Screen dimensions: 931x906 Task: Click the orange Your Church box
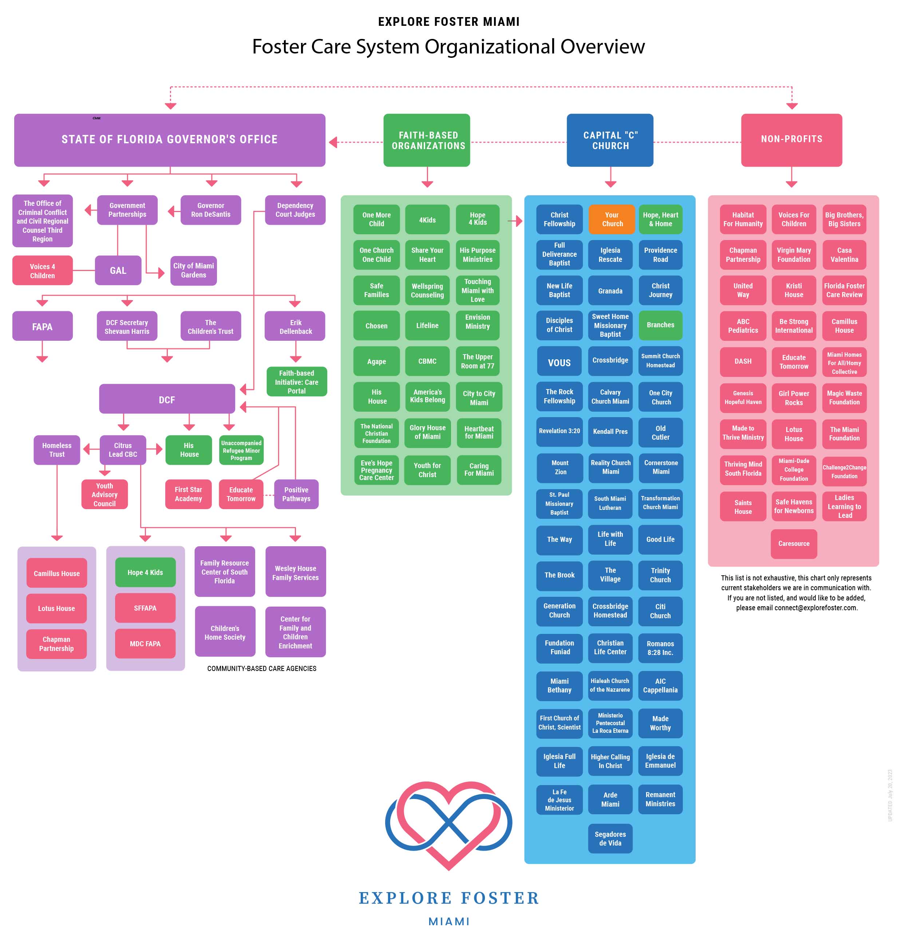click(x=612, y=219)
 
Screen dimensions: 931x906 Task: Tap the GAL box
click(x=118, y=271)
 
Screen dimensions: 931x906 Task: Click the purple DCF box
click(x=167, y=399)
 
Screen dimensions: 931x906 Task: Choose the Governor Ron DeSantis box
click(x=210, y=210)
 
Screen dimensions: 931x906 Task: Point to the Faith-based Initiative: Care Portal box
click(x=296, y=382)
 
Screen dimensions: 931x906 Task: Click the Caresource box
click(x=793, y=543)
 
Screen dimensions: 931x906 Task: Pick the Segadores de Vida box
click(x=610, y=838)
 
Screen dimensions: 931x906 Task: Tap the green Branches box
click(x=660, y=325)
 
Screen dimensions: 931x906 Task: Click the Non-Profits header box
click(x=791, y=139)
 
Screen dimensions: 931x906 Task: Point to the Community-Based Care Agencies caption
click(x=262, y=668)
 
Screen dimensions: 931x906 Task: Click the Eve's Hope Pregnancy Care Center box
click(x=376, y=470)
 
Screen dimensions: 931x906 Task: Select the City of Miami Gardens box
click(x=193, y=271)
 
